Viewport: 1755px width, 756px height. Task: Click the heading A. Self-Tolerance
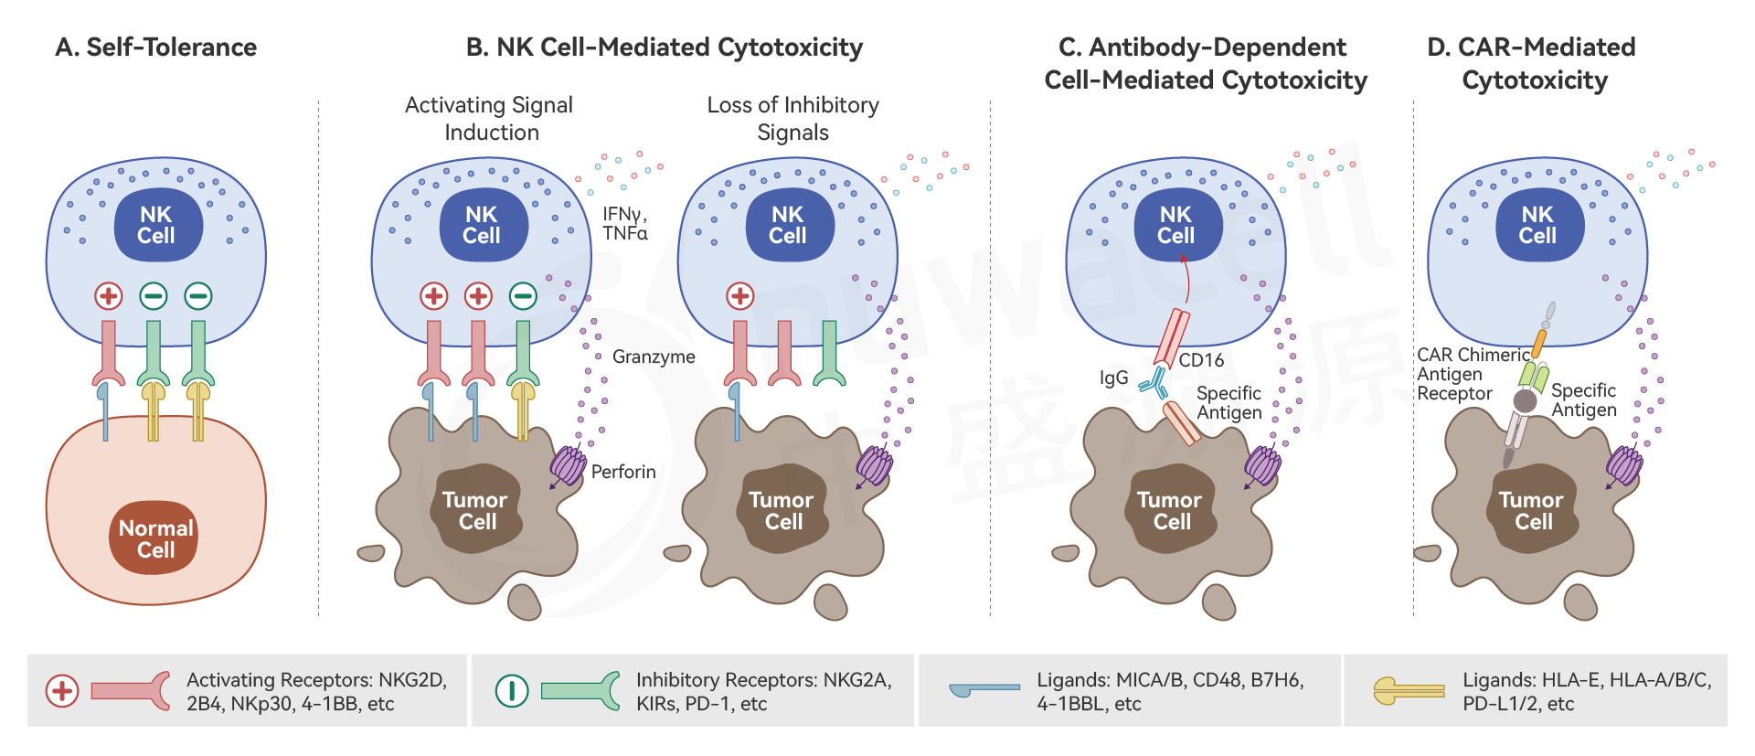point(155,48)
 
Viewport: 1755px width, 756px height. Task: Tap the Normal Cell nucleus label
point(155,538)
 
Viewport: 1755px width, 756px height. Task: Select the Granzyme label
point(654,357)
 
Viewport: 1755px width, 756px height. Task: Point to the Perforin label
point(623,472)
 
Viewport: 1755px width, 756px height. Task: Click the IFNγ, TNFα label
point(625,224)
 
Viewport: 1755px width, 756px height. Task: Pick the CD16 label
point(1201,360)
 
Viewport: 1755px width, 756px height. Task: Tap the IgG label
point(1113,378)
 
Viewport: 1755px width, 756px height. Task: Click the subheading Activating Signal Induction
point(489,119)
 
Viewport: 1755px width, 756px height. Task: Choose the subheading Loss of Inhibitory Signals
point(792,119)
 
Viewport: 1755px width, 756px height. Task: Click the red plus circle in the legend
point(62,691)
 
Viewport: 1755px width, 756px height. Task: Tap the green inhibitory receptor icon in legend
point(580,691)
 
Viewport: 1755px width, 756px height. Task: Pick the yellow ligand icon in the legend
point(1409,691)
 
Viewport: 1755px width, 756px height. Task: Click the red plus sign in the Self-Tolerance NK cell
point(109,296)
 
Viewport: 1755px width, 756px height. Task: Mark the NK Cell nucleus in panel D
point(1537,225)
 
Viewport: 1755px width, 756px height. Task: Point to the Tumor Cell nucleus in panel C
point(1171,510)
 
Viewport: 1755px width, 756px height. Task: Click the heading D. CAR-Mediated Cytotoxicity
point(1533,64)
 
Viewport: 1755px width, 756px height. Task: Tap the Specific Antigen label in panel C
point(1228,402)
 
